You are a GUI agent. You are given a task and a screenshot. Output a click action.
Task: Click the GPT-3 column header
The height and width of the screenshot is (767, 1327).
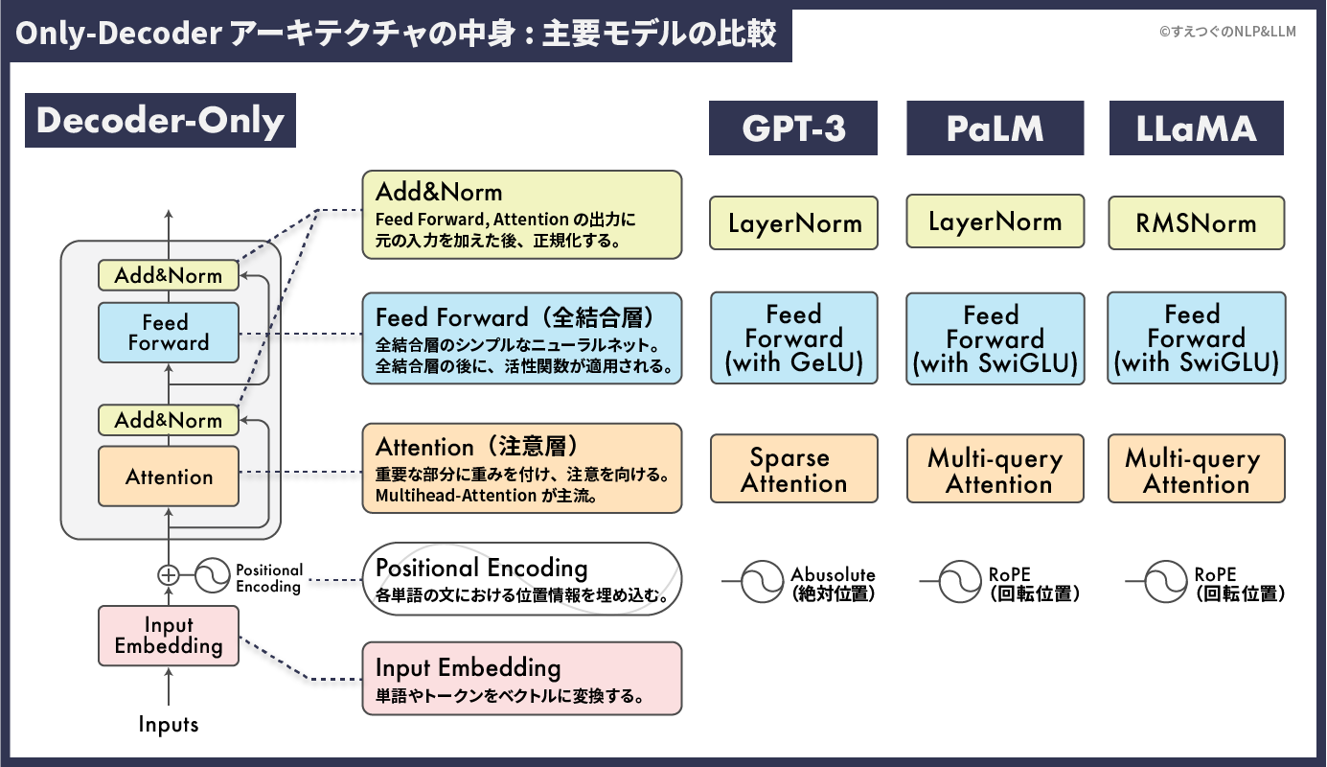coord(793,128)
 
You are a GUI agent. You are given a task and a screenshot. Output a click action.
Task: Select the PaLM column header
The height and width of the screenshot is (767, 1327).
coord(995,128)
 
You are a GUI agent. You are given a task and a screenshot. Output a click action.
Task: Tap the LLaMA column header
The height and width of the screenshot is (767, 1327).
coord(1196,128)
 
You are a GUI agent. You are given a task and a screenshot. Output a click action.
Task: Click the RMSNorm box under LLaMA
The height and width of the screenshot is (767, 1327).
coord(1196,223)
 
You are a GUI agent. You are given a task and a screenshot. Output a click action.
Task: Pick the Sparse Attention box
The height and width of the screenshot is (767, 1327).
coord(793,469)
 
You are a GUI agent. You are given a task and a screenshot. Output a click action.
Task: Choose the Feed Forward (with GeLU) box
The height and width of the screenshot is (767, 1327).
coord(793,338)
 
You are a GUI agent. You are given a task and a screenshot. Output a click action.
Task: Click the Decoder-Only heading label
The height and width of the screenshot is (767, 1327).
coord(160,121)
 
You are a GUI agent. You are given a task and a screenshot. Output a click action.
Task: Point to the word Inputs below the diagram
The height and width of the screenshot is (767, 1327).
coord(169,724)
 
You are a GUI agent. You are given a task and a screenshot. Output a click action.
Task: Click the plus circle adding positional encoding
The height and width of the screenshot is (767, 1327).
coord(169,575)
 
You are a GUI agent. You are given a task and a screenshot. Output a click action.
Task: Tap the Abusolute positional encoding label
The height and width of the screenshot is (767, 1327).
coord(833,583)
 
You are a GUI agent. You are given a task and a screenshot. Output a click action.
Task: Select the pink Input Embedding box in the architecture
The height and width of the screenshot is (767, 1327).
coord(169,635)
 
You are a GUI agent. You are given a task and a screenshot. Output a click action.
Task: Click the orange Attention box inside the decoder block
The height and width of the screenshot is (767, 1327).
coord(169,476)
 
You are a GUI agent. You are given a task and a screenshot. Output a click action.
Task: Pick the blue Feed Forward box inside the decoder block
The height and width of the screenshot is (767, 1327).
coord(169,333)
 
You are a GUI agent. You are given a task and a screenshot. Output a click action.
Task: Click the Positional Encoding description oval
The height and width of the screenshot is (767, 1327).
coord(522,579)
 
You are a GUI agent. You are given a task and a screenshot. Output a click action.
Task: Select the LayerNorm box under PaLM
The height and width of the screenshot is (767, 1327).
coord(995,222)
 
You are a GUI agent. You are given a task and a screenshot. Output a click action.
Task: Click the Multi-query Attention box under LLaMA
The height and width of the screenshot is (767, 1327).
coord(1196,469)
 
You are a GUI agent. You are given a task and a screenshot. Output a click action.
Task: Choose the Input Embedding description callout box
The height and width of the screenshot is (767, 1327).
coord(522,678)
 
